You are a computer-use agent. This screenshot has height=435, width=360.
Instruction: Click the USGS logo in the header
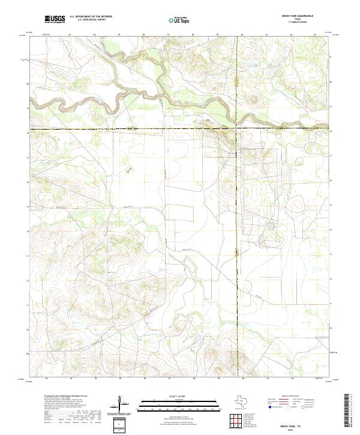tap(55, 19)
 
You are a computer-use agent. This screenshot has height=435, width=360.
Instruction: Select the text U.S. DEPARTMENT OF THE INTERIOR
tap(91, 17)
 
